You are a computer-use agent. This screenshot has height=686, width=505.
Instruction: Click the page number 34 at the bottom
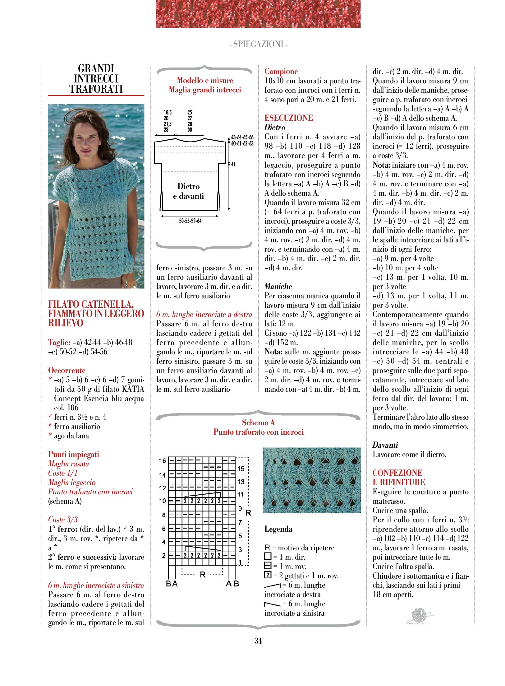pyautogui.click(x=258, y=641)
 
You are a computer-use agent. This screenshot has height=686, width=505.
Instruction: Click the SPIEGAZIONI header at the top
pyautogui.click(x=258, y=44)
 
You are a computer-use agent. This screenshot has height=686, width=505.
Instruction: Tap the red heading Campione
pyautogui.click(x=281, y=71)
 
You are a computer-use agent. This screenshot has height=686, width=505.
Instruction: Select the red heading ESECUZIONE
pyautogui.click(x=288, y=118)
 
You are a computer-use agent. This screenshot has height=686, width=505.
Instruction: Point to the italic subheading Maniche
pyautogui.click(x=278, y=286)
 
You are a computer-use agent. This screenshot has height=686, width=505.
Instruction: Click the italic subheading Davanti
pyautogui.click(x=385, y=445)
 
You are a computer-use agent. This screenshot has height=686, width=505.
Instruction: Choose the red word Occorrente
pyautogui.click(x=67, y=370)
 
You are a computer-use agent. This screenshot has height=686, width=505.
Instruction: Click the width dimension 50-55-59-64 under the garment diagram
pyautogui.click(x=190, y=221)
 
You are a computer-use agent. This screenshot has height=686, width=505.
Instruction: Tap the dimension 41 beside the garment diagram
pyautogui.click(x=233, y=164)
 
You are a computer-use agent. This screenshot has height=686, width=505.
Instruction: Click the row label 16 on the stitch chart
pyautogui.click(x=163, y=461)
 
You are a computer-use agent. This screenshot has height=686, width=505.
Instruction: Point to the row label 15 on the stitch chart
pyautogui.click(x=241, y=469)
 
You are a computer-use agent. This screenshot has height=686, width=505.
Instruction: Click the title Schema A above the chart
pyautogui.click(x=258, y=422)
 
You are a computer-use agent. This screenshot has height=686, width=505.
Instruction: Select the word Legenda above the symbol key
pyautogui.click(x=278, y=529)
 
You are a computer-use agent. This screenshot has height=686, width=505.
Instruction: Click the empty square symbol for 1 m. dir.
pyautogui.click(x=268, y=557)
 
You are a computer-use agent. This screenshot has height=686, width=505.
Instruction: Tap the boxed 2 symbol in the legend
pyautogui.click(x=268, y=575)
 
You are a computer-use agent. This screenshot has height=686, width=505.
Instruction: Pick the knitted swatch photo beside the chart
pyautogui.click(x=312, y=480)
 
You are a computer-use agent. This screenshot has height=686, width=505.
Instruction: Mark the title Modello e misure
pyautogui.click(x=205, y=80)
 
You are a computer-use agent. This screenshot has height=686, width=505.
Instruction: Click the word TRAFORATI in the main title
pyautogui.click(x=96, y=89)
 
